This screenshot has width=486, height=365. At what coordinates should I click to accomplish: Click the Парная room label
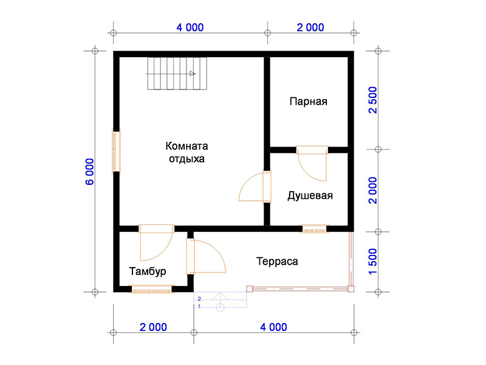point(309,102)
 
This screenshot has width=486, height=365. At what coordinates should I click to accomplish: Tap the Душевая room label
point(310,195)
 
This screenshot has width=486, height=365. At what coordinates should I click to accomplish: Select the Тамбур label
point(148,271)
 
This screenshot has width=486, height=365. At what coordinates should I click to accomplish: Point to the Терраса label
point(277,262)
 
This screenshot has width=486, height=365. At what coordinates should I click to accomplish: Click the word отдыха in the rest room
point(187,159)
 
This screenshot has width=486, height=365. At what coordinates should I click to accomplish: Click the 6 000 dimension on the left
point(89,172)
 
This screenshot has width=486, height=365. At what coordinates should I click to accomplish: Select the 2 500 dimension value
point(373,100)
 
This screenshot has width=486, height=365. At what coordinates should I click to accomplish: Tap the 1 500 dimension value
point(373,262)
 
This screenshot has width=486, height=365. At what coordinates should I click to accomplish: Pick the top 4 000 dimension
point(190,27)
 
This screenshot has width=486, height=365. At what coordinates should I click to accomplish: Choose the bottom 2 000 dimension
point(153,327)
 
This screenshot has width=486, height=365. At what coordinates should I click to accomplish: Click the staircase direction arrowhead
point(193,74)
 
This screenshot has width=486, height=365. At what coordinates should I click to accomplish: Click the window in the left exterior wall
point(116,151)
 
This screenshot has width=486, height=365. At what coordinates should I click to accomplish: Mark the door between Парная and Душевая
point(312,162)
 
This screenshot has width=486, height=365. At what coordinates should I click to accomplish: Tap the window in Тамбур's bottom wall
point(151,290)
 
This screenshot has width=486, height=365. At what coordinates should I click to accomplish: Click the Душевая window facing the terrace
point(314,229)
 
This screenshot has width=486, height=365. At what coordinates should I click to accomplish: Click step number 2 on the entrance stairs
point(199,299)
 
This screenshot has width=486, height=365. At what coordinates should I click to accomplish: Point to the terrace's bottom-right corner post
point(351,289)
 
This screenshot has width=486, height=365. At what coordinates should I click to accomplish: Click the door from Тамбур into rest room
point(156,242)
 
